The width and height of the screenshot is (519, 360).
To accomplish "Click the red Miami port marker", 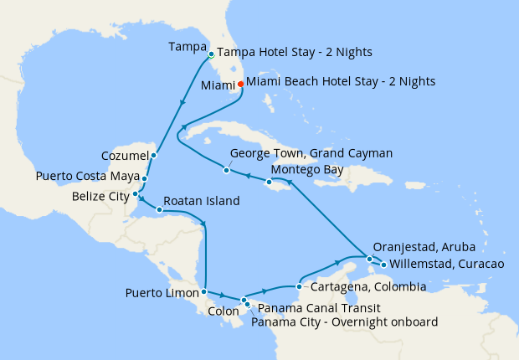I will pos(240,84).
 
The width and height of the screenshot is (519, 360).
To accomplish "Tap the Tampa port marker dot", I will pos(211,55).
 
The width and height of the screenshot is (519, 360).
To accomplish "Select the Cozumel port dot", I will pos(154,155).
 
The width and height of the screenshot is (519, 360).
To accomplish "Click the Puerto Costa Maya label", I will pos(87,177).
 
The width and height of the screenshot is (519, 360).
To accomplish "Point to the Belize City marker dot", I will pos(136,194).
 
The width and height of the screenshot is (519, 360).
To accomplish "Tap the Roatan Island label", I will pos(202,201).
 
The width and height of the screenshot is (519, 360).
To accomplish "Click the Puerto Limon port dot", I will pos(203,292).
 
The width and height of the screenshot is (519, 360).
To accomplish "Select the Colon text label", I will pos(223,310).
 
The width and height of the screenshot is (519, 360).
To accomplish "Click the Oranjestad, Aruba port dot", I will pos(369,260).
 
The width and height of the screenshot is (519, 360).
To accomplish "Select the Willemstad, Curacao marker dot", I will pos(383,265).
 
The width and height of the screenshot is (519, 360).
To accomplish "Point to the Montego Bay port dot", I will pos(269,182).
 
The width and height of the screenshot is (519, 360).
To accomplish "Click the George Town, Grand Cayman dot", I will pos(226,171).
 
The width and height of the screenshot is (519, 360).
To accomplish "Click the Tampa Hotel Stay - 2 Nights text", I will pos(295,52).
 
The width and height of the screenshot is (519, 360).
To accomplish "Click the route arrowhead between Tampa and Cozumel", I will pos(182,104).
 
